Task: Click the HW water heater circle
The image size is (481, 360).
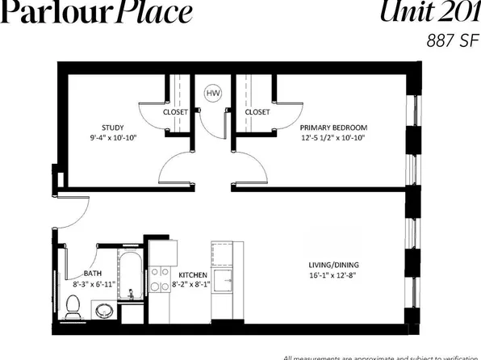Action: point(214,94)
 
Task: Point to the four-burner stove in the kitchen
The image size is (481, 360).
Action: point(161,279)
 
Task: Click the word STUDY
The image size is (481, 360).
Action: point(112,128)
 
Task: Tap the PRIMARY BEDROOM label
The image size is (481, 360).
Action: point(333,128)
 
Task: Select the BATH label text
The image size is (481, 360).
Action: point(93,273)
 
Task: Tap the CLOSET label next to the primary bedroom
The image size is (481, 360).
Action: point(257,112)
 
